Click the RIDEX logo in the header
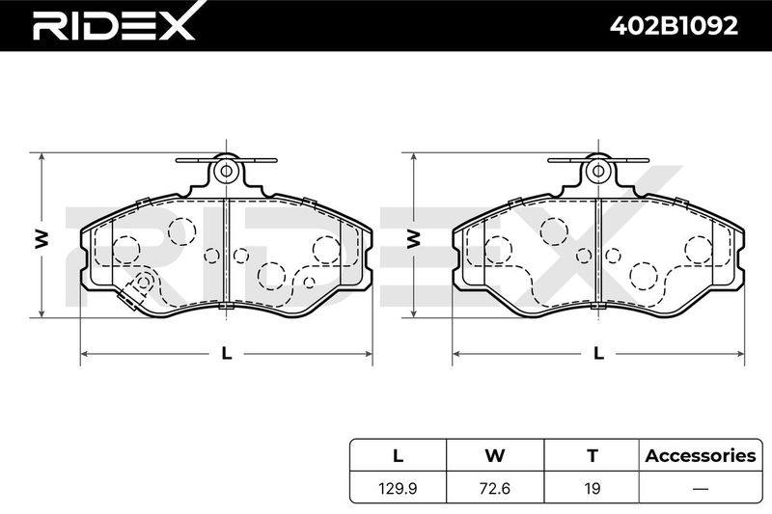(x=114, y=25)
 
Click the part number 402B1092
(x=674, y=26)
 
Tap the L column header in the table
(x=398, y=456)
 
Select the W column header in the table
(x=495, y=456)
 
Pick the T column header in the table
(x=593, y=456)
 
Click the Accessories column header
(x=701, y=456)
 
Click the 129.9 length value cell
(x=398, y=488)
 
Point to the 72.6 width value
(x=495, y=488)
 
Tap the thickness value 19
(x=593, y=488)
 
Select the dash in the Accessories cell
(x=701, y=489)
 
